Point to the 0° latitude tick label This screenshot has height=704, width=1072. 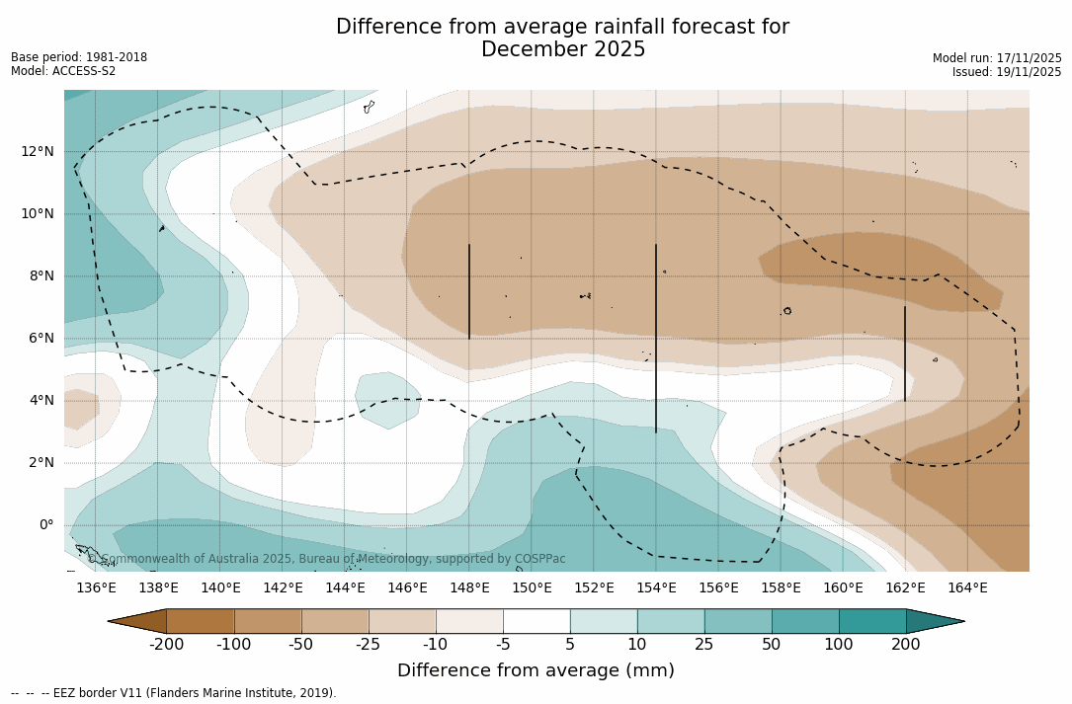46,524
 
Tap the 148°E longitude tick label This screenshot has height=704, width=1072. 469,588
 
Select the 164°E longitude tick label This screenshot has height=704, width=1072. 967,588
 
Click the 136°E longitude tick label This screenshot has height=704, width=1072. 96,588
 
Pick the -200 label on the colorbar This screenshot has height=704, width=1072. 166,645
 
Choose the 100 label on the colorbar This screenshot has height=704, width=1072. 839,645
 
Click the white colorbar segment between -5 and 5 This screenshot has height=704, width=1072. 536,621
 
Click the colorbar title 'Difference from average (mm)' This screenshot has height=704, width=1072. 536,671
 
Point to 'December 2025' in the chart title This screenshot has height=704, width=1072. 563,49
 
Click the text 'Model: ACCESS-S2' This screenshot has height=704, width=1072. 63,71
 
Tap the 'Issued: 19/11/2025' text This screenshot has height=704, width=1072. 1007,72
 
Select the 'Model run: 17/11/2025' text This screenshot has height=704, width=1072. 997,58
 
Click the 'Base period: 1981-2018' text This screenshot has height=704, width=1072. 79,57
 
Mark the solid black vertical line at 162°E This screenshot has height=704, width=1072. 904,353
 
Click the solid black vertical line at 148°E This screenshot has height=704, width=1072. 469,291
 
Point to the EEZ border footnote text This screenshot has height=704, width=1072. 174,693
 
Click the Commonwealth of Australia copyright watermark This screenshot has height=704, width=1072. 327,559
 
